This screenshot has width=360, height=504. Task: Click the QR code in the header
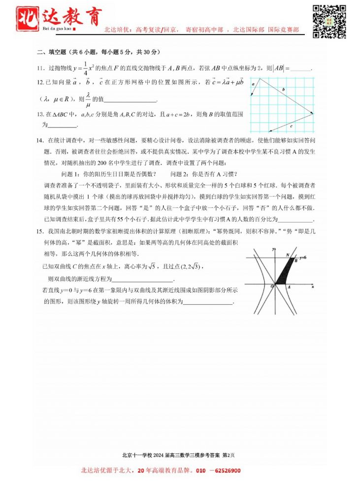coord(329,22)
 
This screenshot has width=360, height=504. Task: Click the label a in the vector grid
coord(253,85)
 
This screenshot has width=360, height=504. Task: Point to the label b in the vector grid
coord(283,90)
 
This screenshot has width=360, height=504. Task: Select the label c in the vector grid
coord(292,126)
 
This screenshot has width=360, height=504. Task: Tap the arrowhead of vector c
coord(269,131)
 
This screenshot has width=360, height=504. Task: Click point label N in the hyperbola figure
coord(288,254)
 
